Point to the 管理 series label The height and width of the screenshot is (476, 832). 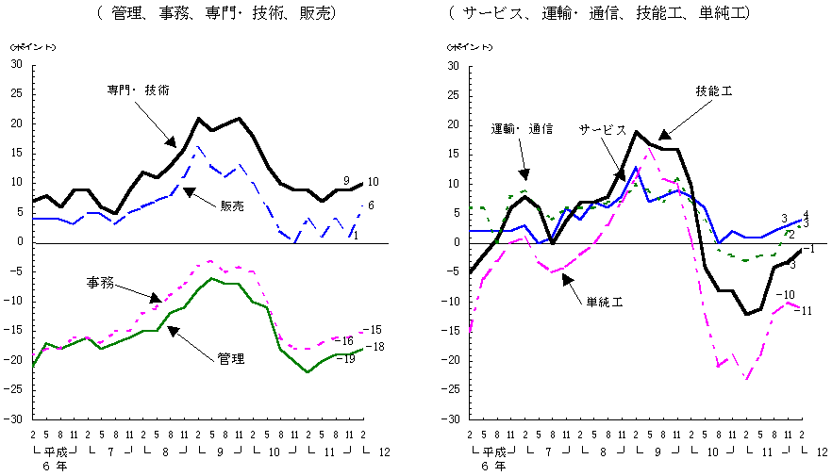[x=231, y=359]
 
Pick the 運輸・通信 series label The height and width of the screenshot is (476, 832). [x=522, y=128]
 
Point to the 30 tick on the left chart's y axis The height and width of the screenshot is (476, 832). [x=16, y=65]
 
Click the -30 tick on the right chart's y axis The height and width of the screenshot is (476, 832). [x=451, y=419]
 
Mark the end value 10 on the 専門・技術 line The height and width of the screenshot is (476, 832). [x=373, y=182]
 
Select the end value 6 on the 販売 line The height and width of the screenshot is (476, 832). [x=373, y=206]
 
